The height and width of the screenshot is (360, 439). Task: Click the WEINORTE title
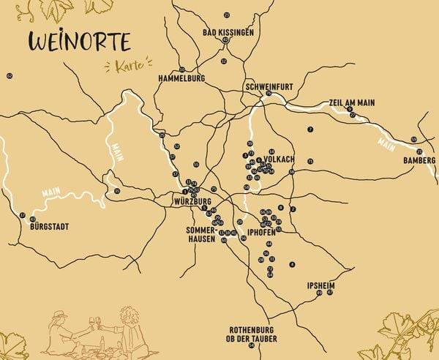pyautogui.click(x=78, y=42)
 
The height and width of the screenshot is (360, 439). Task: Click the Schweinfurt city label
pyautogui.click(x=270, y=86)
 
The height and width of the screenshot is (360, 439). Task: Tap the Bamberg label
pyautogui.click(x=419, y=160)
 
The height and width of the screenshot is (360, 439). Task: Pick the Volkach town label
pyautogui.click(x=279, y=158)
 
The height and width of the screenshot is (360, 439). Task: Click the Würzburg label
pyautogui.click(x=192, y=200)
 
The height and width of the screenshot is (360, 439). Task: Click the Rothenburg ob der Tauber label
pyautogui.click(x=251, y=333)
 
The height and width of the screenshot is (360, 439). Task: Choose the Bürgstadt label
pyautogui.click(x=50, y=227)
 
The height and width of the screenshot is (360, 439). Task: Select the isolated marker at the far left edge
pyautogui.click(x=10, y=75)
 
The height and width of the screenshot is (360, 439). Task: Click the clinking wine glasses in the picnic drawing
pyautogui.click(x=96, y=321)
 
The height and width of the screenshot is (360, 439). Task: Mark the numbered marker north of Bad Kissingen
pyautogui.click(x=228, y=15)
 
